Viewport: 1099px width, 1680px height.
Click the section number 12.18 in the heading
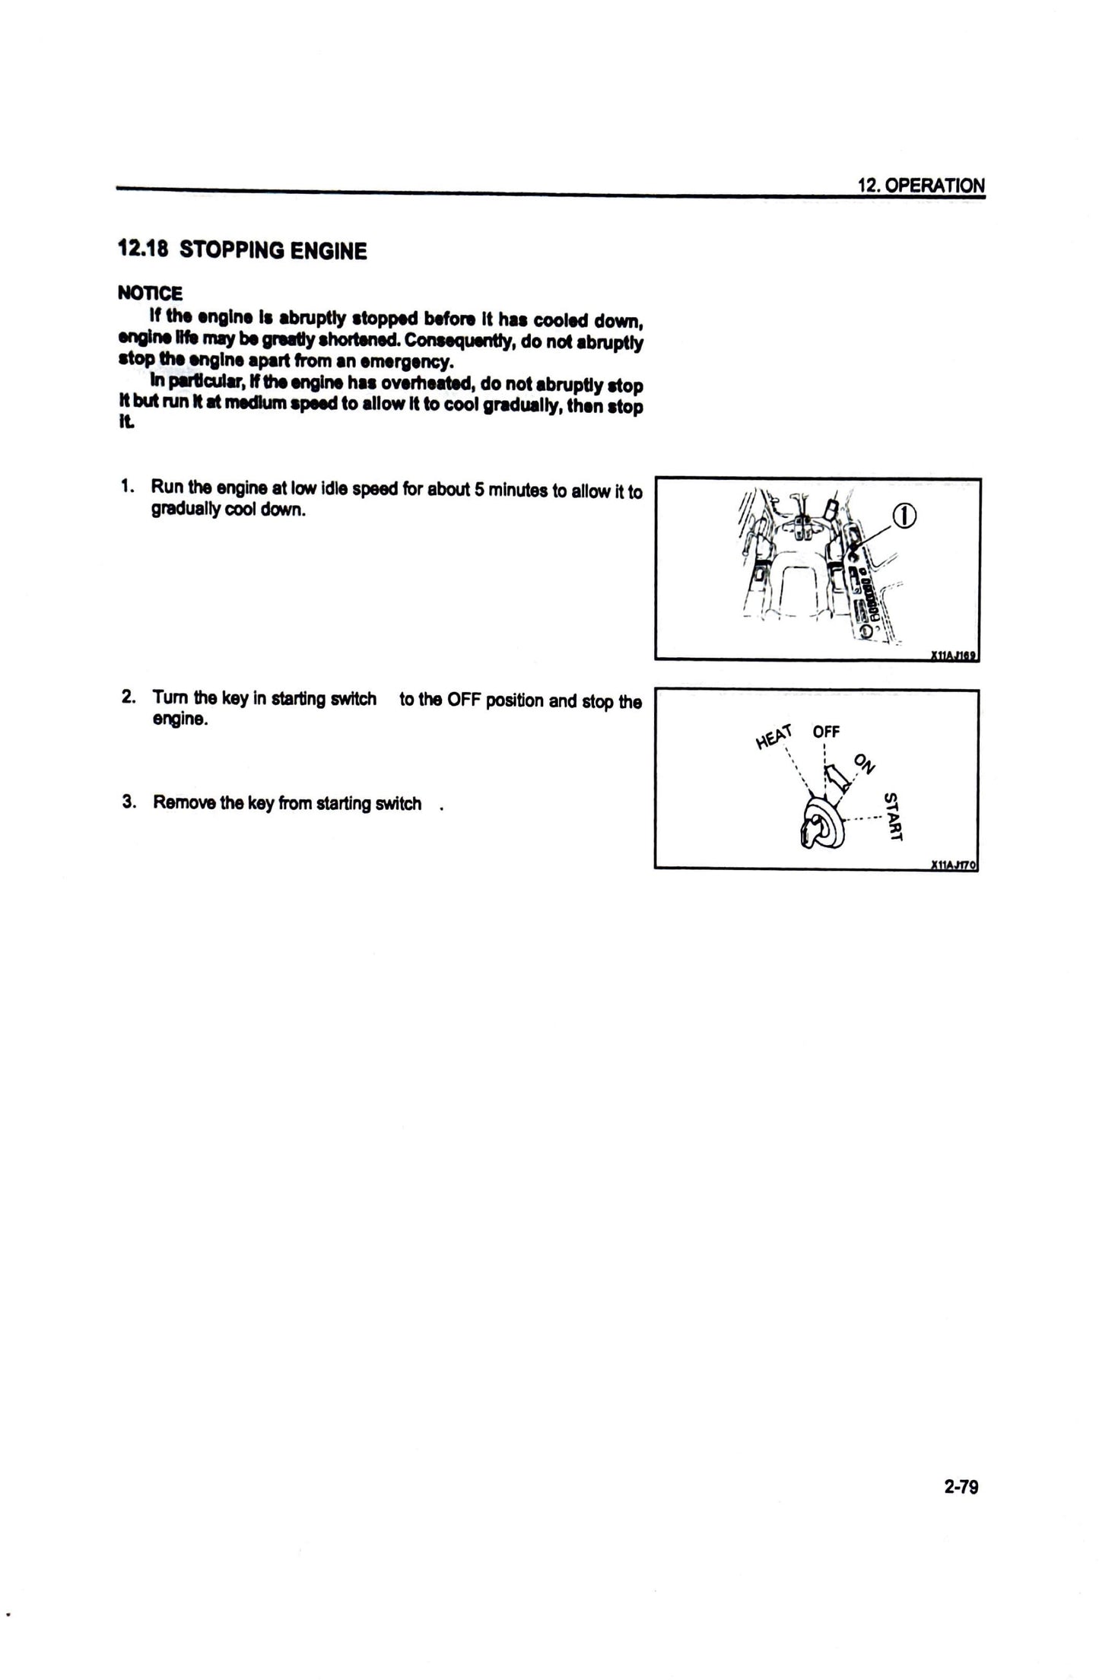click(x=142, y=249)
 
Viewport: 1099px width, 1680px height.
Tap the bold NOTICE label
click(x=150, y=293)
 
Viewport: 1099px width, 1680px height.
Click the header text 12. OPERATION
click(x=920, y=185)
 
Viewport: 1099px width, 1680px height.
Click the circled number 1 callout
click(x=904, y=516)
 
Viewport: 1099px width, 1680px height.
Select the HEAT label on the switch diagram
click(x=774, y=736)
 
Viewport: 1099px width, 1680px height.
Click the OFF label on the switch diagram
click(x=826, y=732)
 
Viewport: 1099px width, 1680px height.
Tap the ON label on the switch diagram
click(x=865, y=763)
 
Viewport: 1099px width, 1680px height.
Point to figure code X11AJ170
click(x=954, y=865)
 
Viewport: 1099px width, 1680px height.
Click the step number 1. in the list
click(x=128, y=486)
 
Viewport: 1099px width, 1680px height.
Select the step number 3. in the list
click(x=129, y=802)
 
